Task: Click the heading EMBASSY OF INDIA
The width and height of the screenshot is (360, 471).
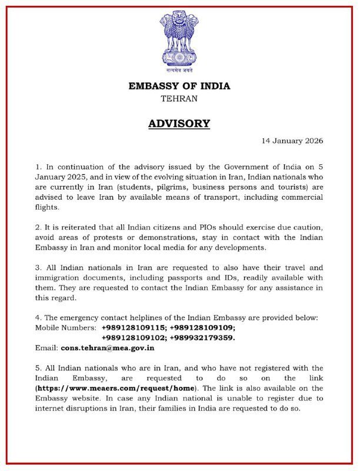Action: pyautogui.click(x=179, y=86)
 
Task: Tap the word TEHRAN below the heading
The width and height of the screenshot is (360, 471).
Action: pyautogui.click(x=179, y=99)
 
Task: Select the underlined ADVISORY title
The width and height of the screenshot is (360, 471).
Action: pyautogui.click(x=179, y=124)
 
